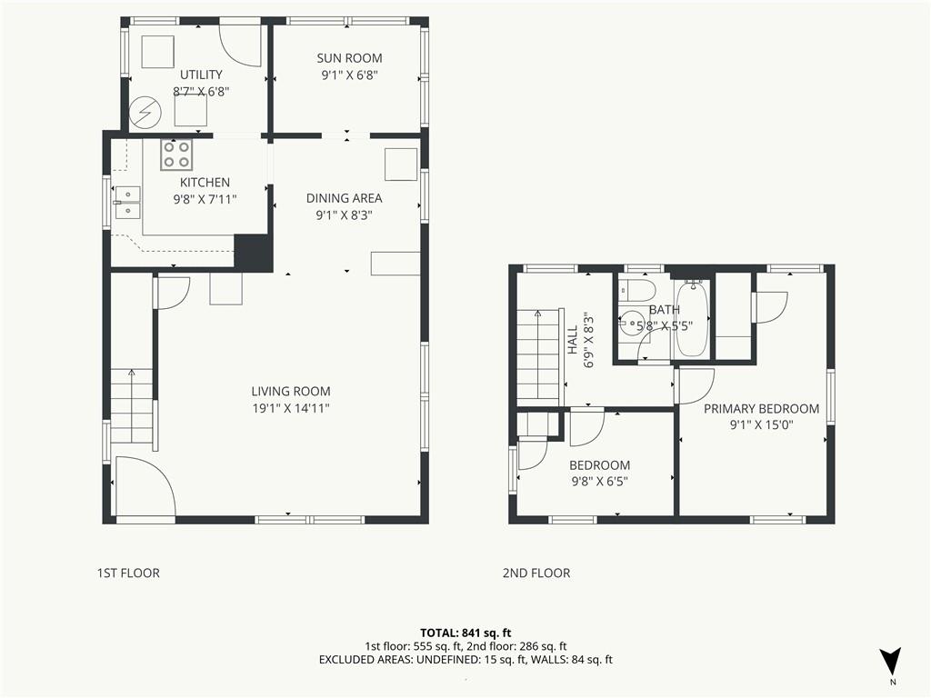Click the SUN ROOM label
click(349, 58)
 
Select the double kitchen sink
click(127, 203)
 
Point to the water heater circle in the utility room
click(145, 112)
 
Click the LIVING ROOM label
click(291, 391)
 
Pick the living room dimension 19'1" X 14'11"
click(291, 408)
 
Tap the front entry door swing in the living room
click(145, 485)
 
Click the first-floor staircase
click(132, 406)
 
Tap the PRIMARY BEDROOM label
click(761, 408)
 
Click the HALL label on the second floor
click(573, 340)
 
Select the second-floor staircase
click(539, 357)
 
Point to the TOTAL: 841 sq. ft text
click(465, 633)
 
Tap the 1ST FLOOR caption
click(128, 573)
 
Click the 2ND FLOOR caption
click(536, 573)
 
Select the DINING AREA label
click(345, 198)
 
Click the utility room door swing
click(240, 45)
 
